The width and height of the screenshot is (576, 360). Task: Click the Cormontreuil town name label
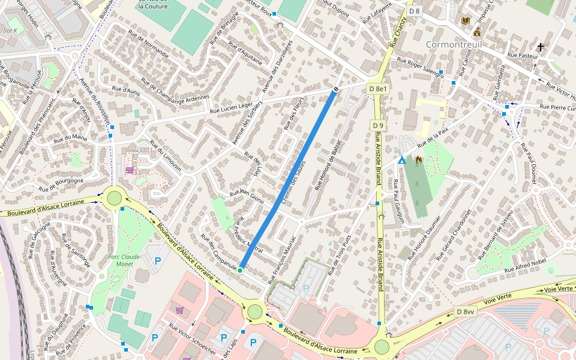[x=454, y=45]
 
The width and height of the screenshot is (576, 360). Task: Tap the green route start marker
[x=240, y=271]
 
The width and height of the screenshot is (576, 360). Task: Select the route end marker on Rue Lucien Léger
[x=335, y=89]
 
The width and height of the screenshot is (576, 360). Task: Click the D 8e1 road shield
[x=379, y=89]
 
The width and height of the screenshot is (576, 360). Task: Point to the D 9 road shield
[x=377, y=125]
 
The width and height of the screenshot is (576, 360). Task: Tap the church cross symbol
[x=541, y=47]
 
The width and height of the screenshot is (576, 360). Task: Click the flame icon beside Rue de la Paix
[x=419, y=160]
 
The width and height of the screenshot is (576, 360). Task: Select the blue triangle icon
[x=402, y=161]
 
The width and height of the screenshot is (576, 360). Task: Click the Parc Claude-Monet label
[x=124, y=260]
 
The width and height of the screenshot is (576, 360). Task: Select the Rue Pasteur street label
[x=521, y=55]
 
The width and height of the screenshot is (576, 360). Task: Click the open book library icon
[x=465, y=20]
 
